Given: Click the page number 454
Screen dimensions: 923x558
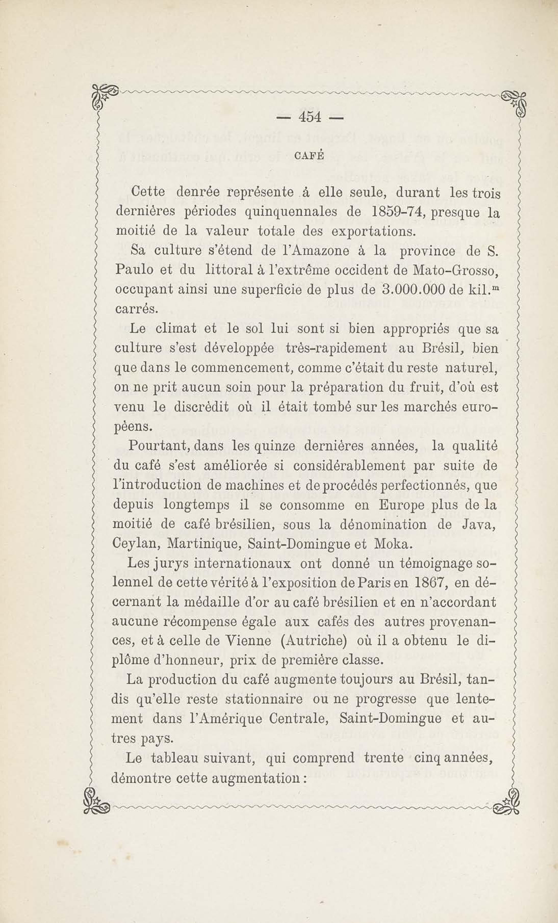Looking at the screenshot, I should [310, 118].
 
